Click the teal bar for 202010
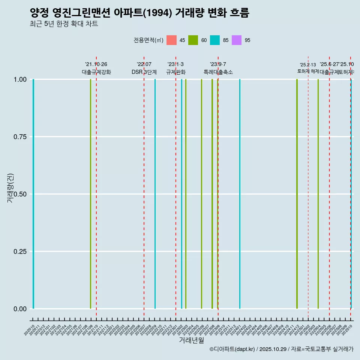point(33,194)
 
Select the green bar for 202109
point(90,194)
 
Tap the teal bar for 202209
point(155,194)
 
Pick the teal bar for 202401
point(240,194)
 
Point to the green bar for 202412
point(297,194)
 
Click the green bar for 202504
point(318,194)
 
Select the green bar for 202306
point(201,194)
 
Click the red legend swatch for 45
point(171,40)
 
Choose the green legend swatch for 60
point(193,40)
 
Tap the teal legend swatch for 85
point(215,40)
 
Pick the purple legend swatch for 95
point(237,40)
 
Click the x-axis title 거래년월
point(191,340)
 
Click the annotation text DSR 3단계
point(144,72)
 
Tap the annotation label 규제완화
point(176,72)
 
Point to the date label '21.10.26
point(96,64)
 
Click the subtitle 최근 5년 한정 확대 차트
point(64,24)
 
